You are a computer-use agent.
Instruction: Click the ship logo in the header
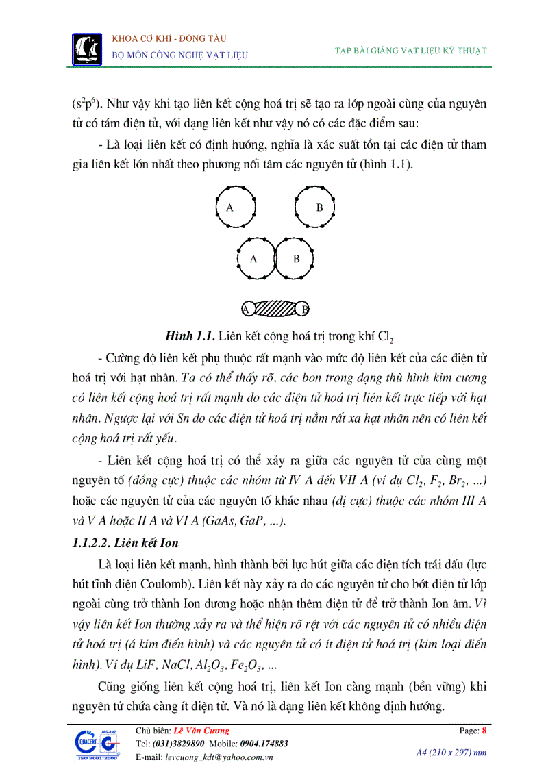click(86, 47)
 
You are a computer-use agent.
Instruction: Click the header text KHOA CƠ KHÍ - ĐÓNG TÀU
click(169, 38)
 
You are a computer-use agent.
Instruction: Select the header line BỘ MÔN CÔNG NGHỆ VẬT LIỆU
click(179, 55)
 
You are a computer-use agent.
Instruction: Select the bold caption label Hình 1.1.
click(190, 336)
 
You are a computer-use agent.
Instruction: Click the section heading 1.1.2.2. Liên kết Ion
click(125, 543)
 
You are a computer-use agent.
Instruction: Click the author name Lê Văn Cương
click(202, 731)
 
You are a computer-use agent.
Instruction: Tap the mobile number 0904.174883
click(264, 744)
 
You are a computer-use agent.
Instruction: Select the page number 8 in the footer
click(484, 731)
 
